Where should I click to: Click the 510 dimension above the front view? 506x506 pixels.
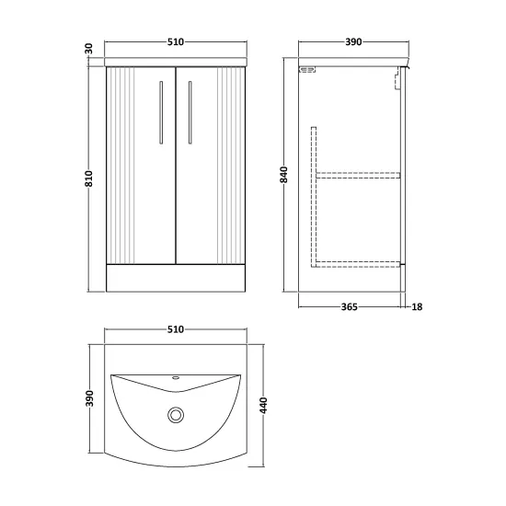coord(176,42)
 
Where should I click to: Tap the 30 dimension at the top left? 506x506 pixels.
coord(89,49)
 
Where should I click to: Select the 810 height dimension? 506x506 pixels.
coord(88,178)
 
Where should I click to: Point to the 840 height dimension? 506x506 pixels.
coord(283,175)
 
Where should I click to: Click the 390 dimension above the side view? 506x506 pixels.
coord(353,42)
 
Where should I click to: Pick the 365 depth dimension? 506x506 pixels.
coord(350,307)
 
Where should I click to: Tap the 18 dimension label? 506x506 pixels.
coord(417,307)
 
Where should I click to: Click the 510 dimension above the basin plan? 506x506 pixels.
coord(176,329)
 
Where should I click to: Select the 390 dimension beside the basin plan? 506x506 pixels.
coord(89,398)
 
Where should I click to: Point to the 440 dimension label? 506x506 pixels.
coord(264,406)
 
